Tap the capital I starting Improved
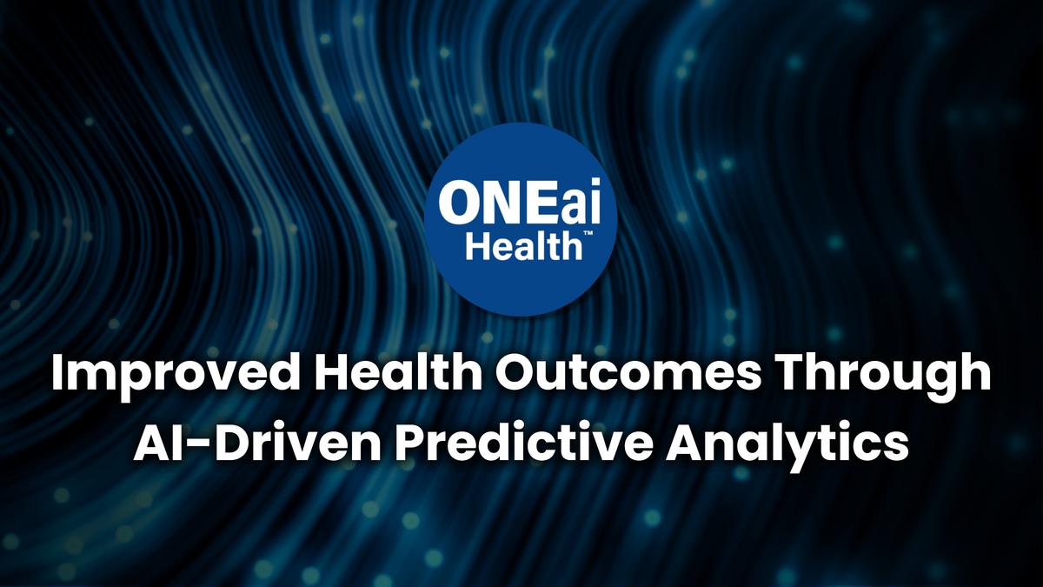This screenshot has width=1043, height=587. click(56, 376)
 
